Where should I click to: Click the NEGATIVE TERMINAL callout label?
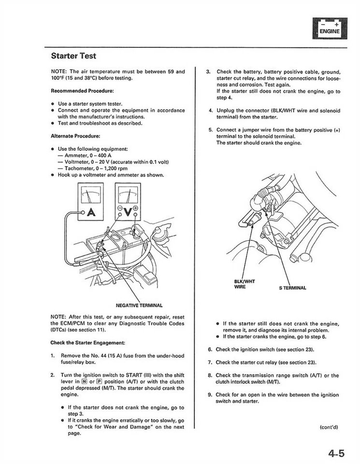click(139, 305)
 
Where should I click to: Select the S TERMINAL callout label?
click(292, 288)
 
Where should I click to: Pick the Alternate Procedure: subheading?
click(75, 136)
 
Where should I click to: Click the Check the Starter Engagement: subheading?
click(87, 343)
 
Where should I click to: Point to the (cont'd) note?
click(329, 427)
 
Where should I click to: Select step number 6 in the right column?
click(210, 349)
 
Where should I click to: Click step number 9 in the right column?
click(210, 395)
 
